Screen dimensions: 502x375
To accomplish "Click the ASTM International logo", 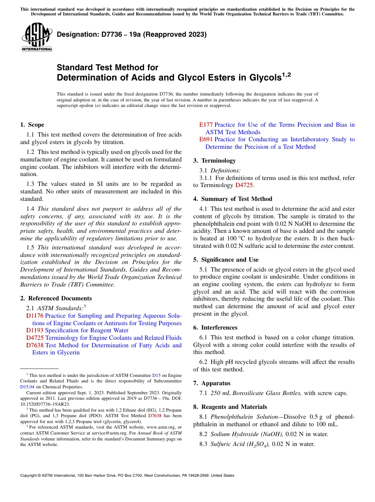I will [x=37, y=37].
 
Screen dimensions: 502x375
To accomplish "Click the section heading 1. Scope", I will [x=32, y=125].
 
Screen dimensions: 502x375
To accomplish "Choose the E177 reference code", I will [x=206, y=125].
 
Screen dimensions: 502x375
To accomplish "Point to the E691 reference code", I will [x=206, y=139].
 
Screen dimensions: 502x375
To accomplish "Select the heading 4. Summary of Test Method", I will [x=232, y=199].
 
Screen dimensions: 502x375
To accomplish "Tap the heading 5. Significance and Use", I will [x=226, y=260].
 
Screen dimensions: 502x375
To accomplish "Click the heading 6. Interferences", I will [x=215, y=328].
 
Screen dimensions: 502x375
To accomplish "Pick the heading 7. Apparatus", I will [x=212, y=383].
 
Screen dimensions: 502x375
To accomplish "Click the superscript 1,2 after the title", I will [x=287, y=75].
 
